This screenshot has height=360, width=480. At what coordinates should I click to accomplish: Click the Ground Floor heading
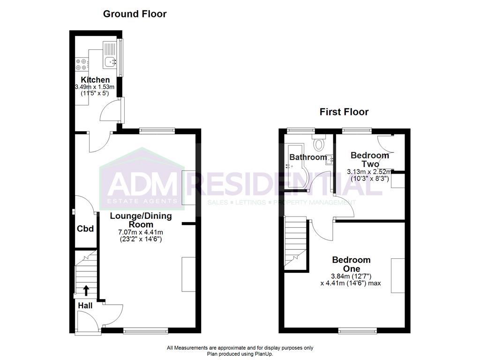point(135,14)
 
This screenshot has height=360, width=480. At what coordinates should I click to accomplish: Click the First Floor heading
point(344,112)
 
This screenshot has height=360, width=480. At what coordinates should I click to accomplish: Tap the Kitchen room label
point(95,80)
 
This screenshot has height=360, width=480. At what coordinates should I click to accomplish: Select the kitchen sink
point(110,62)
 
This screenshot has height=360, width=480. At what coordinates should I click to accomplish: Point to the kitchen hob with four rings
point(82,64)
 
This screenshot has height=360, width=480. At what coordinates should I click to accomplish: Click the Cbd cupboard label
point(85,229)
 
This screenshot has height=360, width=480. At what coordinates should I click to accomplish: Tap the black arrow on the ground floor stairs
point(86,290)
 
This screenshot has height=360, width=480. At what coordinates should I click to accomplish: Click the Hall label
point(85,306)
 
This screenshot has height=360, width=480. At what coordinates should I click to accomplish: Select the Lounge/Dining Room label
point(141,220)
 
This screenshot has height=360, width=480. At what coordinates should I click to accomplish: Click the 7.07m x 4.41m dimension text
point(141,232)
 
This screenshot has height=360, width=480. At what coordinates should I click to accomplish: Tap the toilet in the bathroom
point(319,142)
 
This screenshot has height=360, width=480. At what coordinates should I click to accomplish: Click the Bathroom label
point(308,157)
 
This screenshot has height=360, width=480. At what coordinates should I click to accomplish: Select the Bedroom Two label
point(370,159)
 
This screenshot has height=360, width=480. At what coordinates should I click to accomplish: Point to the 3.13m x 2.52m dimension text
point(369,172)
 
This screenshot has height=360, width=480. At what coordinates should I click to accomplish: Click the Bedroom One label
point(352,264)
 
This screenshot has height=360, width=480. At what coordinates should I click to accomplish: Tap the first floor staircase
point(296,241)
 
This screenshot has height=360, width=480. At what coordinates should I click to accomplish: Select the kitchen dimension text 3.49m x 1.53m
point(95,87)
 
